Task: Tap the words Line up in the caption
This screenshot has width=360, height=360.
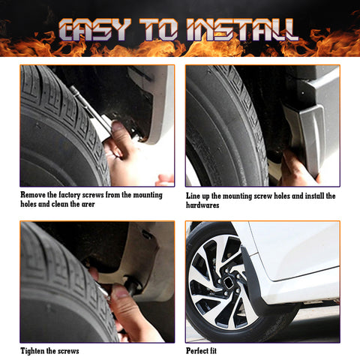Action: pos(199,195)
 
